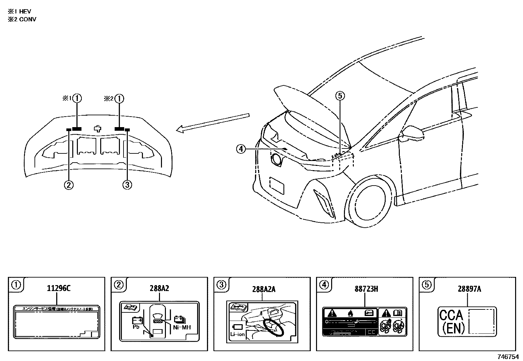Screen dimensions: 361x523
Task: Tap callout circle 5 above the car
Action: (x=340, y=96)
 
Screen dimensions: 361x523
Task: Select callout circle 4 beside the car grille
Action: (x=241, y=149)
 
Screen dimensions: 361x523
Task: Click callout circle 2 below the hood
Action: (x=69, y=185)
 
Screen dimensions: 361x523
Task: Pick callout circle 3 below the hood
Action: (x=127, y=185)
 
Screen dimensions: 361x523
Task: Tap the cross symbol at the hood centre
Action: (x=97, y=128)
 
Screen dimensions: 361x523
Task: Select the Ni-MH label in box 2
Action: (x=182, y=327)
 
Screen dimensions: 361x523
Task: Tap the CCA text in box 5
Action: (x=451, y=315)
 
